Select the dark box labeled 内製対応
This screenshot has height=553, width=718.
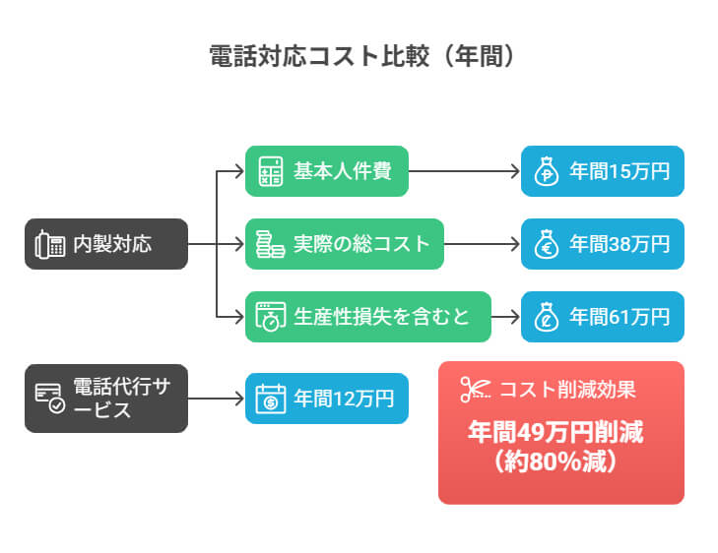pyautogui.click(x=105, y=244)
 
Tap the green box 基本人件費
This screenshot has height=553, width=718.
pyautogui.click(x=326, y=171)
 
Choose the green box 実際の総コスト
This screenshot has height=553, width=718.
pyautogui.click(x=345, y=244)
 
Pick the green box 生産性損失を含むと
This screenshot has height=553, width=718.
pyautogui.click(x=368, y=317)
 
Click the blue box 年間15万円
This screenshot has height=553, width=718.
pyautogui.click(x=602, y=171)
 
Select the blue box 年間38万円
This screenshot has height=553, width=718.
pyautogui.click(x=602, y=244)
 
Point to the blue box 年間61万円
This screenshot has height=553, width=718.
pyautogui.click(x=602, y=317)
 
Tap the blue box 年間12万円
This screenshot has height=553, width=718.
pyautogui.click(x=326, y=399)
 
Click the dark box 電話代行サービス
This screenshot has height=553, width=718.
pyautogui.click(x=105, y=399)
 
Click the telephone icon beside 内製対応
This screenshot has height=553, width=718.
pyautogui.click(x=46, y=244)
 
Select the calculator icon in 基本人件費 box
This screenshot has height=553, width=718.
pyautogui.click(x=269, y=171)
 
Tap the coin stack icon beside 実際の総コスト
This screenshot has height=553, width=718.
pyautogui.click(x=269, y=244)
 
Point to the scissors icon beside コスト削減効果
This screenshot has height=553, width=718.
pyautogui.click(x=475, y=389)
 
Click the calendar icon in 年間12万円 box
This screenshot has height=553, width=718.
pyautogui.click(x=269, y=399)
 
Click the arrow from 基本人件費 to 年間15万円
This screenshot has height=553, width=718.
pyautogui.click(x=464, y=171)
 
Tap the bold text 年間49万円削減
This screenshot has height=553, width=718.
pyautogui.click(x=560, y=432)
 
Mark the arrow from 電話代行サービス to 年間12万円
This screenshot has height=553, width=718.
pyautogui.click(x=216, y=399)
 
